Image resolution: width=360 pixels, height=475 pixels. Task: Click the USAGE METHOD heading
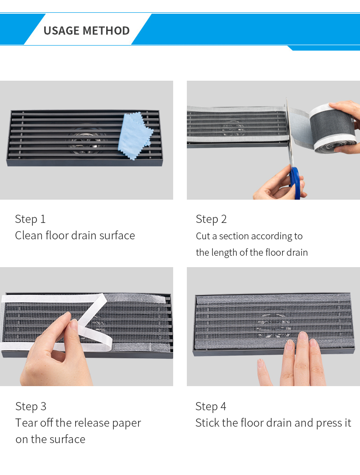coord(87,31)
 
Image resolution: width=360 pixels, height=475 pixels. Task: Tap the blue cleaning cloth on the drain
coord(135,135)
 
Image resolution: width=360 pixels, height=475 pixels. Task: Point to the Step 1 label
coord(30,219)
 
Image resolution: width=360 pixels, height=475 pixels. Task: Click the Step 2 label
coord(211,219)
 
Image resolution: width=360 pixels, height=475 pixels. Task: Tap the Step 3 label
coord(31,406)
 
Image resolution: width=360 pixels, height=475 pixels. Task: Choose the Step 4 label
coord(211,406)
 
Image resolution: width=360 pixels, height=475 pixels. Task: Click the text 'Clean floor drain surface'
coord(75,236)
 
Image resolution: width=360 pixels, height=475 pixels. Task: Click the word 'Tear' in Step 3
coord(26,423)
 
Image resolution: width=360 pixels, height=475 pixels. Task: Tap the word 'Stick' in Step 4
coord(207,423)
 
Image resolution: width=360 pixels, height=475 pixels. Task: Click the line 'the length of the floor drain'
coord(252,253)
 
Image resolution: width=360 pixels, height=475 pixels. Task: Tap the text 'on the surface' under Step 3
coord(50,439)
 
